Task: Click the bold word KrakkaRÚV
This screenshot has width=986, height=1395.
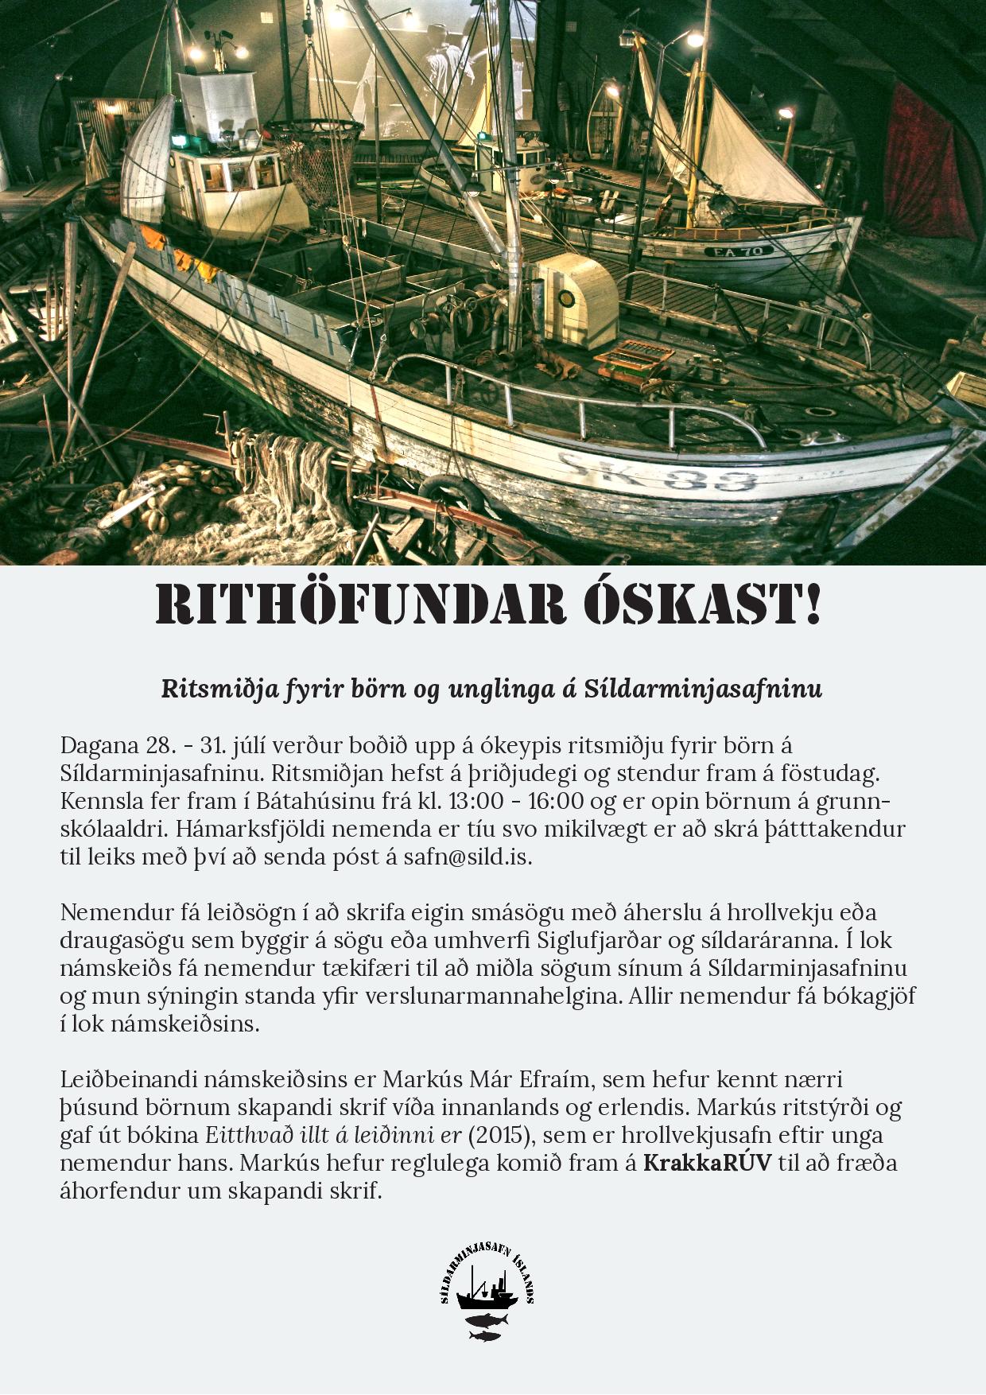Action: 707,1163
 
